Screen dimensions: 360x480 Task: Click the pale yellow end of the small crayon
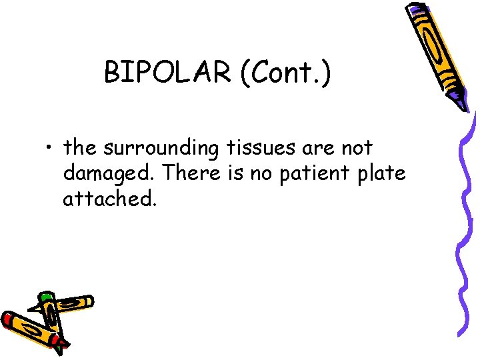87,301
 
